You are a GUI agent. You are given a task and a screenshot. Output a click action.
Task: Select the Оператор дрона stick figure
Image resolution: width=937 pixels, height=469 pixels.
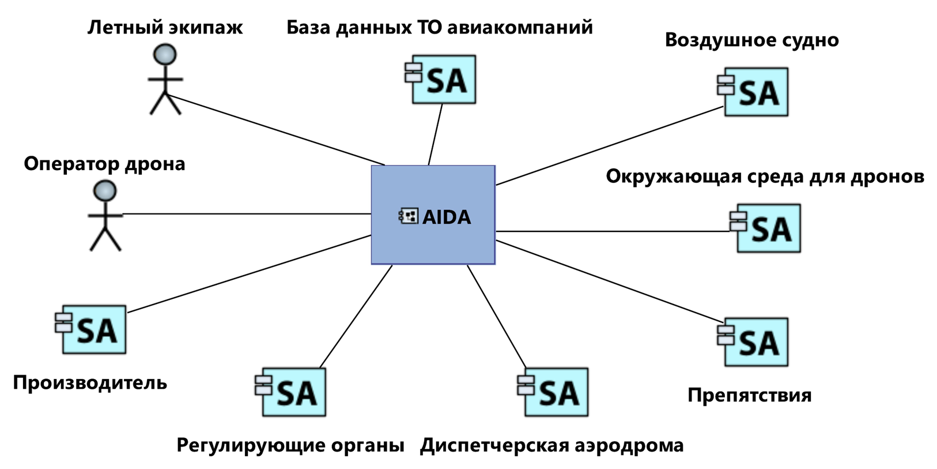point(105,216)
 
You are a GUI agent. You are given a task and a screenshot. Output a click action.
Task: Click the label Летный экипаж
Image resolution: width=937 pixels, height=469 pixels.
point(165,27)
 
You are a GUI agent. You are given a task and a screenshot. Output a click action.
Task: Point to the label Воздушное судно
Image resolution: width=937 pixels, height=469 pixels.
point(751,40)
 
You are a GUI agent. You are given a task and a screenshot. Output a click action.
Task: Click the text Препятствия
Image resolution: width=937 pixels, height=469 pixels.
point(749,395)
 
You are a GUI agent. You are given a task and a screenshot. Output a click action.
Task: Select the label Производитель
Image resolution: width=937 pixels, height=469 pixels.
point(90,382)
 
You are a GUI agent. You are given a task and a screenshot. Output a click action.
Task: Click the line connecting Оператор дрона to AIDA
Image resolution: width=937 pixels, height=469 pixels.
point(248,214)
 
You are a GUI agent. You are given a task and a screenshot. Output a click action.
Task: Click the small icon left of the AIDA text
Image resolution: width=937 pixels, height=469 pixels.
point(409,216)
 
